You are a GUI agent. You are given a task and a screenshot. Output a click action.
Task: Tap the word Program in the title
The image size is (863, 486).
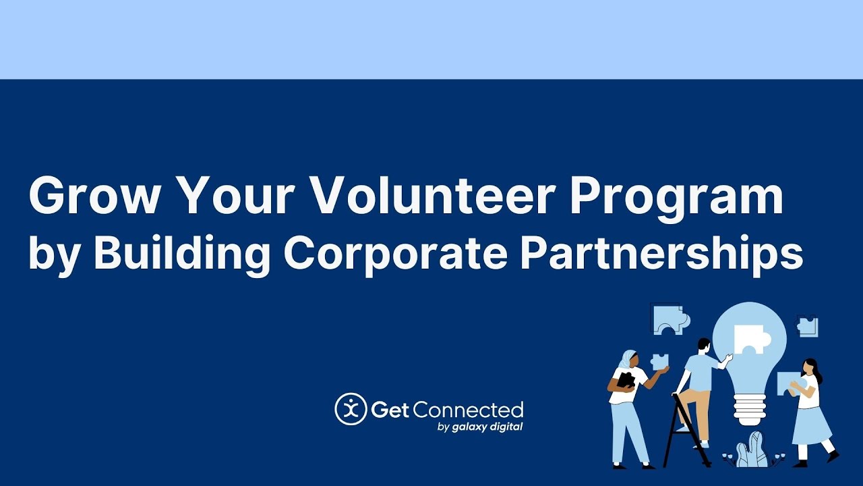pos(677,198)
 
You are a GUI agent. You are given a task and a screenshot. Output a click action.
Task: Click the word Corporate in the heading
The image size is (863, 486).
pos(396,254)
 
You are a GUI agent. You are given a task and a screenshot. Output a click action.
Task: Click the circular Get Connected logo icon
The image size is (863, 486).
pos(351,409)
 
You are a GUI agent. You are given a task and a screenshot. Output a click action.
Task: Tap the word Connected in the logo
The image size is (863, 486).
pos(469,410)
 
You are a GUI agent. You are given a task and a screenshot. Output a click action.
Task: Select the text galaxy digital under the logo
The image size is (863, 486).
pos(487,427)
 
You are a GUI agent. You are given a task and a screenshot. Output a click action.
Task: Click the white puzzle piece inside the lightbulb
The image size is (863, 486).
pos(750,339)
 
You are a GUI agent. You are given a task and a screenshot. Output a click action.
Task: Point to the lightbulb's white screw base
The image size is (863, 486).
pos(749,409)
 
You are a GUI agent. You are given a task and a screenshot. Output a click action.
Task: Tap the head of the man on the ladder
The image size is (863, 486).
pos(703,345)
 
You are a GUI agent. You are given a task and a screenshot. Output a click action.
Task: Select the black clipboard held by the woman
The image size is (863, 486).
pos(626,380)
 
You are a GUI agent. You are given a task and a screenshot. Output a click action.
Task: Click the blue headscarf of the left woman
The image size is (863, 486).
pos(626,359)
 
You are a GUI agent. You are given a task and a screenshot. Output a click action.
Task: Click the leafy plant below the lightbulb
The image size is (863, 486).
pos(752,450)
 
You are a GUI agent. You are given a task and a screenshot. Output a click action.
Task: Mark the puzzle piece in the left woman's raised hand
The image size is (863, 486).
pos(659,361)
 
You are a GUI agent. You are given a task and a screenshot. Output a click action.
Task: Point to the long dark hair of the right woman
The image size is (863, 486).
pos(813,369)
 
